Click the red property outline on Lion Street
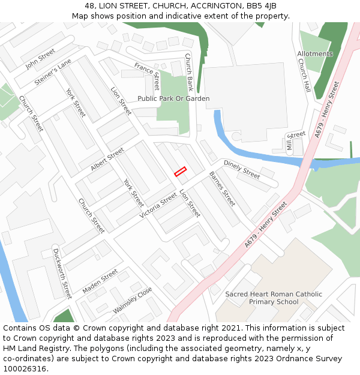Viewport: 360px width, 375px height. point(181,172)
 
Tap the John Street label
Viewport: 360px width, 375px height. point(40,59)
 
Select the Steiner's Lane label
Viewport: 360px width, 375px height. point(53,72)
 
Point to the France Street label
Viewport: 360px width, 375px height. point(147,76)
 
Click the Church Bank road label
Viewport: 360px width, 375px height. point(188,71)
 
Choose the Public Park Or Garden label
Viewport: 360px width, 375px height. point(173,98)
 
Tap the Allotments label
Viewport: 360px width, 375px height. point(315,54)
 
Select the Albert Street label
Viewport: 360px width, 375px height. point(107,160)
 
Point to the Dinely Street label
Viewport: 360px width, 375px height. point(242,169)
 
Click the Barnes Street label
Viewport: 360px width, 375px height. point(222,189)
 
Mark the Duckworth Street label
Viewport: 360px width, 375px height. point(62,274)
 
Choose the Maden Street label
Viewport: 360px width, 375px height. point(100,281)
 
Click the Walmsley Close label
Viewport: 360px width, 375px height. point(133,300)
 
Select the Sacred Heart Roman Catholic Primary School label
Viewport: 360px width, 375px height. point(274,298)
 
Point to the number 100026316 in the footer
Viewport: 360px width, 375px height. point(24,369)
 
